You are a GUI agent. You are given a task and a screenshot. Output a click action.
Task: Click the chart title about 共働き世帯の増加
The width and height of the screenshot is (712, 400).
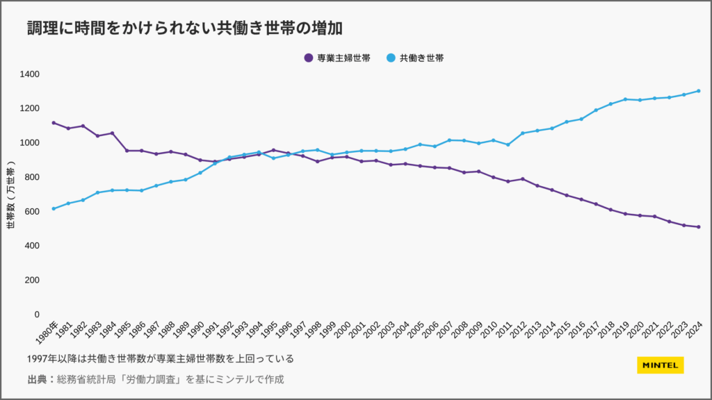point(186,28)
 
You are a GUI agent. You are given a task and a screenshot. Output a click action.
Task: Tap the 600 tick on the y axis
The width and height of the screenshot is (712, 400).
point(32,211)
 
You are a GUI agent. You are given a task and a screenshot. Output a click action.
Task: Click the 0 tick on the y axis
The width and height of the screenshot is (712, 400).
point(38,315)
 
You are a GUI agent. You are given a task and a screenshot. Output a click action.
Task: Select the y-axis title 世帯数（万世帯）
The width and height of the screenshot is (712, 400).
point(10,197)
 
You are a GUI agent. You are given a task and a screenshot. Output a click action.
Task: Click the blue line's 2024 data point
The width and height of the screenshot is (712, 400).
point(698,91)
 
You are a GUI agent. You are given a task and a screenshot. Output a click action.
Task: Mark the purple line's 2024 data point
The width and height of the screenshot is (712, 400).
point(698,227)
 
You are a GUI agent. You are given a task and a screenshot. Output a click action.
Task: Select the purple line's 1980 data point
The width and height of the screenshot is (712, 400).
point(54,123)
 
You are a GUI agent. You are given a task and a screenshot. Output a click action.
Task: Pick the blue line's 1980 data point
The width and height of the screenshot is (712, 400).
point(54,208)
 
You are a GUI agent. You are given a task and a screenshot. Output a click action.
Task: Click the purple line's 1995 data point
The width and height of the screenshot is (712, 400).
point(273,150)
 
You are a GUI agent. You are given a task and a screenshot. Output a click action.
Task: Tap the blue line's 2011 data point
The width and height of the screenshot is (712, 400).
point(508,144)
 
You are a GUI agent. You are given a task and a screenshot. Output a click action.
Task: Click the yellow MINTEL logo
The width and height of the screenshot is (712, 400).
point(661,365)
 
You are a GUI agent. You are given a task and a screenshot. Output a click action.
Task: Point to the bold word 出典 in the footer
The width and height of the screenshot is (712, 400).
point(37,379)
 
